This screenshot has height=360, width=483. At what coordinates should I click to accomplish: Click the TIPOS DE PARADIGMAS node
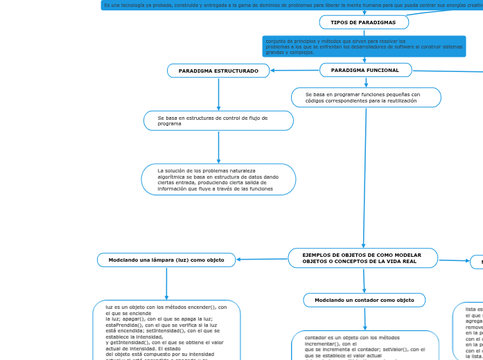[364, 22]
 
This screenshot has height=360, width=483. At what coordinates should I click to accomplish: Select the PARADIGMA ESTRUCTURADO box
[218, 71]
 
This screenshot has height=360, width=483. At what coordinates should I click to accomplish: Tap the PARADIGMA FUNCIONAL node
[365, 70]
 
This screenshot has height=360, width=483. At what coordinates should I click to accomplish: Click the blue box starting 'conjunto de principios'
[364, 46]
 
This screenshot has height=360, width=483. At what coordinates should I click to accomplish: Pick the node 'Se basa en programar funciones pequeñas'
[366, 98]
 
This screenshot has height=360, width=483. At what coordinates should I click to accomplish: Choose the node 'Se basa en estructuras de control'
[218, 120]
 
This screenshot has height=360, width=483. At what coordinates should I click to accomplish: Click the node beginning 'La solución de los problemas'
[218, 179]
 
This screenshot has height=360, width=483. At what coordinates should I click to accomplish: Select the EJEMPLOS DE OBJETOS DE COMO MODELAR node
[362, 258]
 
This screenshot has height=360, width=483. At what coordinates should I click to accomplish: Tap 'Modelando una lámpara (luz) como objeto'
[166, 260]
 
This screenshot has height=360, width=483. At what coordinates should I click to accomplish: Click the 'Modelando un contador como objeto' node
[364, 300]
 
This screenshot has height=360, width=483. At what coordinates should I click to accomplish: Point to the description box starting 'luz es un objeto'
[166, 330]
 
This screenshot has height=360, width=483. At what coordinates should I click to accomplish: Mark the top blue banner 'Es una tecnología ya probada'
[291, 5]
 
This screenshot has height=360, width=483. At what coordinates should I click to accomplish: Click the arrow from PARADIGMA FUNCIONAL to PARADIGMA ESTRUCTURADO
[295, 70]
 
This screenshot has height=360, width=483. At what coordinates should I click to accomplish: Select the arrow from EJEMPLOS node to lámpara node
[262, 260]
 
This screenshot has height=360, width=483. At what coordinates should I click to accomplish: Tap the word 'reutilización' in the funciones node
[400, 101]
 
